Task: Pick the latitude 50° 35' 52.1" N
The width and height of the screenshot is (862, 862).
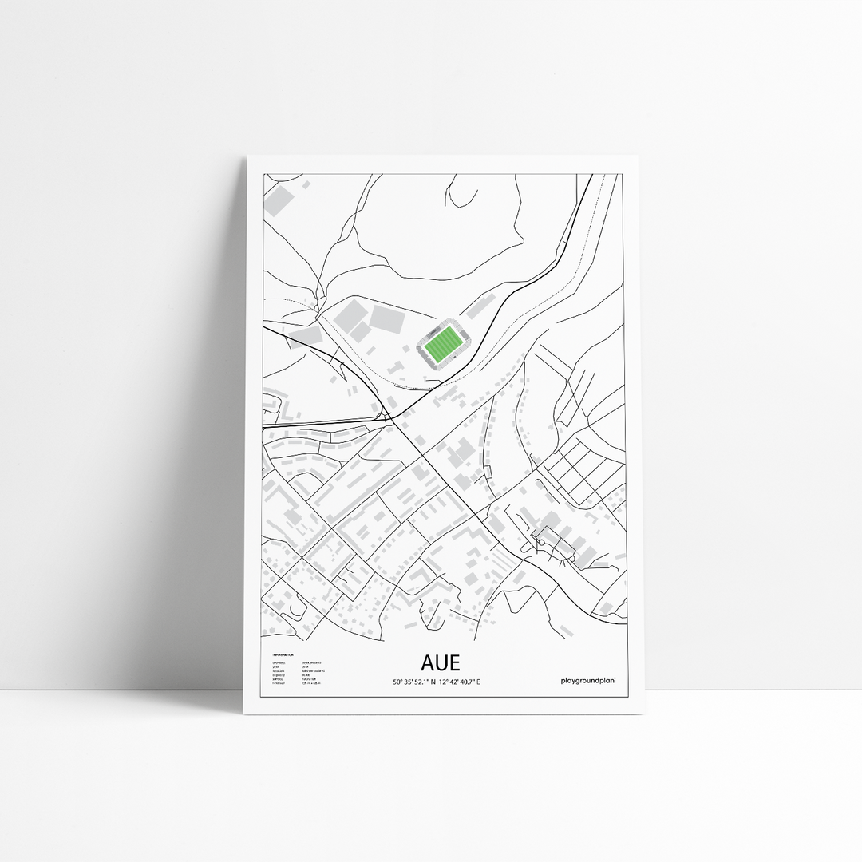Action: (x=413, y=682)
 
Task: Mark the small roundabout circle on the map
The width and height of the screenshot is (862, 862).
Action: (x=541, y=543)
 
